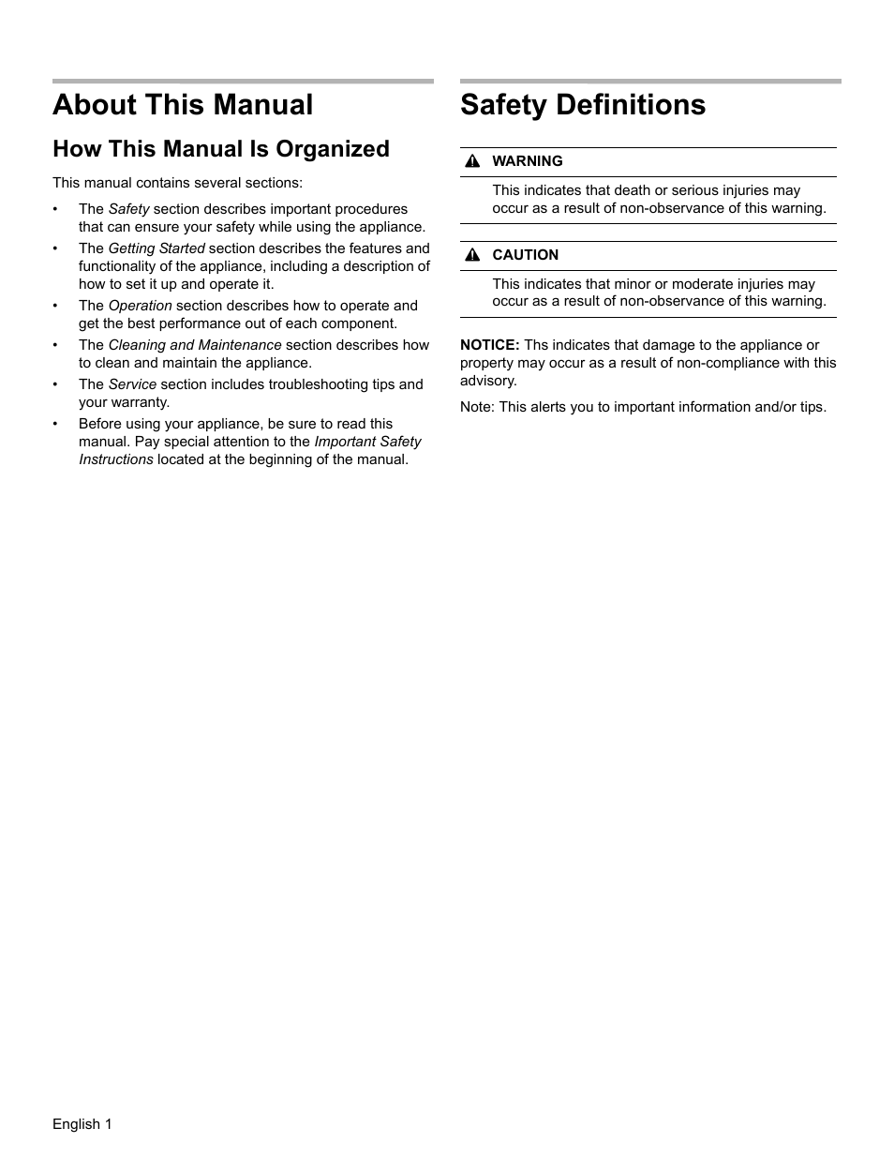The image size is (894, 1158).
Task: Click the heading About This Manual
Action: click(183, 105)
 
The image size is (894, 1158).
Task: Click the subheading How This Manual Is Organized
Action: click(221, 149)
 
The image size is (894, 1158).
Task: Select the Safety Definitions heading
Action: click(583, 105)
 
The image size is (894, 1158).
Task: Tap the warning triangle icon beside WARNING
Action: click(473, 162)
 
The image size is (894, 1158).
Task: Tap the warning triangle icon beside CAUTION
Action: click(473, 256)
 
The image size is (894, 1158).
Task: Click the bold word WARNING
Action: click(528, 161)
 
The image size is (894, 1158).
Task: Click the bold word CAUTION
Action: click(525, 255)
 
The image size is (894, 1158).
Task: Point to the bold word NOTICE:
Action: click(489, 345)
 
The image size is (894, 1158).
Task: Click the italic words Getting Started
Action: click(156, 248)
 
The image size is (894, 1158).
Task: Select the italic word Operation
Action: click(141, 306)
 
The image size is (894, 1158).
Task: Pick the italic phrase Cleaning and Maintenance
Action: click(195, 345)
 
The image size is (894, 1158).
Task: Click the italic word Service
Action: click(132, 384)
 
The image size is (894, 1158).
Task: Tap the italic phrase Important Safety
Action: click(367, 442)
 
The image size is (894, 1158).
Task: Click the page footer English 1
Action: click(82, 1124)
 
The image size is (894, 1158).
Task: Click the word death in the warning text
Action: click(632, 190)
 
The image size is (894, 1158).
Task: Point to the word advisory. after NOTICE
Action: click(488, 381)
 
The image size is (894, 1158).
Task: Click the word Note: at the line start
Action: click(477, 407)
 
